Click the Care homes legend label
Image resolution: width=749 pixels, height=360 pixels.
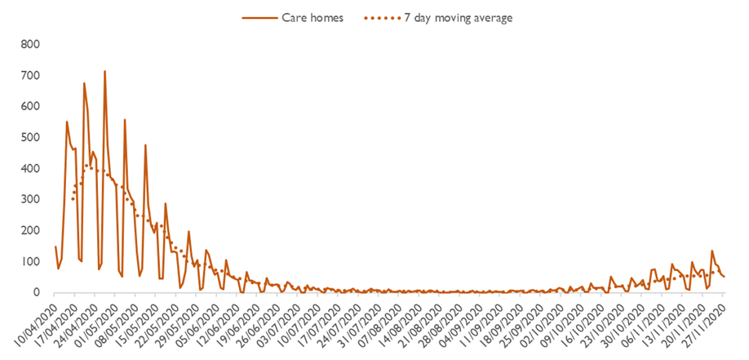[312, 16]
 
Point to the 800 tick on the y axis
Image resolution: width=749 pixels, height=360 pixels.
[30, 44]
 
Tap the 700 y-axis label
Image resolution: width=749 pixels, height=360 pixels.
[30, 75]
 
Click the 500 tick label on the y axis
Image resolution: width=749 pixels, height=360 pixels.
[30, 137]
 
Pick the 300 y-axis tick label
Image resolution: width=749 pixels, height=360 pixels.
[30, 199]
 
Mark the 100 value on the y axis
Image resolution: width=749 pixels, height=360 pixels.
[30, 261]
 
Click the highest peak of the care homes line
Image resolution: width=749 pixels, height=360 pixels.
[104, 72]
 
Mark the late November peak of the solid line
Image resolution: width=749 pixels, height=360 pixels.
[711, 251]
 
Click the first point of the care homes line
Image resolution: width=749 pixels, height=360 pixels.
[55, 247]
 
